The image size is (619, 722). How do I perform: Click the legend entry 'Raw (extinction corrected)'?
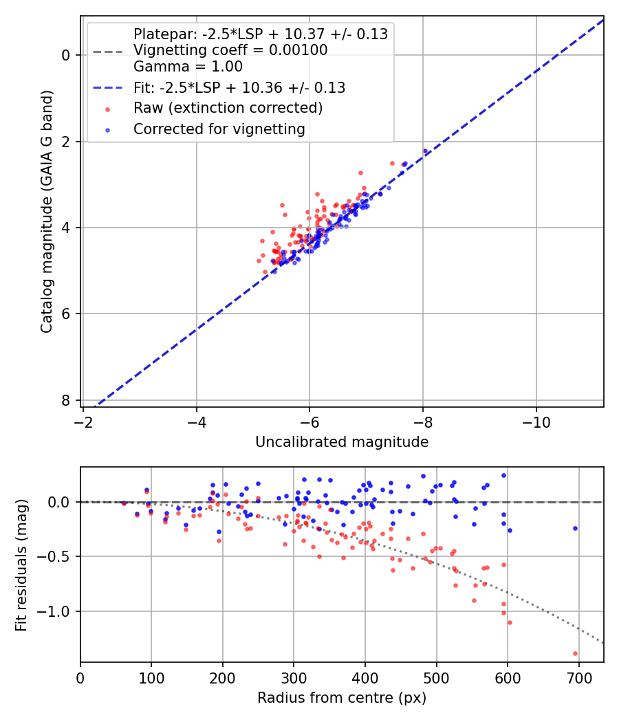(x=228, y=108)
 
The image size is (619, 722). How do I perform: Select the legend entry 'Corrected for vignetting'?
(x=219, y=129)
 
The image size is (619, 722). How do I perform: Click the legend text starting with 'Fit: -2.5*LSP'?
(x=239, y=88)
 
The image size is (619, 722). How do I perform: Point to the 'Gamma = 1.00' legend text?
(x=188, y=67)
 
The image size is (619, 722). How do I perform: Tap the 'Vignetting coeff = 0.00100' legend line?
(x=230, y=50)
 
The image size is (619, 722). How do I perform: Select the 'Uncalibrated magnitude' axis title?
(x=342, y=442)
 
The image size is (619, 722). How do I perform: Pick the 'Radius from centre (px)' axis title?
(x=342, y=698)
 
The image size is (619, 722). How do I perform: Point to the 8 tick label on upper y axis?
(x=67, y=400)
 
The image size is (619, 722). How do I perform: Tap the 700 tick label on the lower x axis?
(x=578, y=677)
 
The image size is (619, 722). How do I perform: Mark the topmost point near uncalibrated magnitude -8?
(x=425, y=151)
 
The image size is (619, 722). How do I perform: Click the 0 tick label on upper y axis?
(x=67, y=55)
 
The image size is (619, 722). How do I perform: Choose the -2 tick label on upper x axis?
(x=83, y=422)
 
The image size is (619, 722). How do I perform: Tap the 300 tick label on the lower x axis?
(x=294, y=677)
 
